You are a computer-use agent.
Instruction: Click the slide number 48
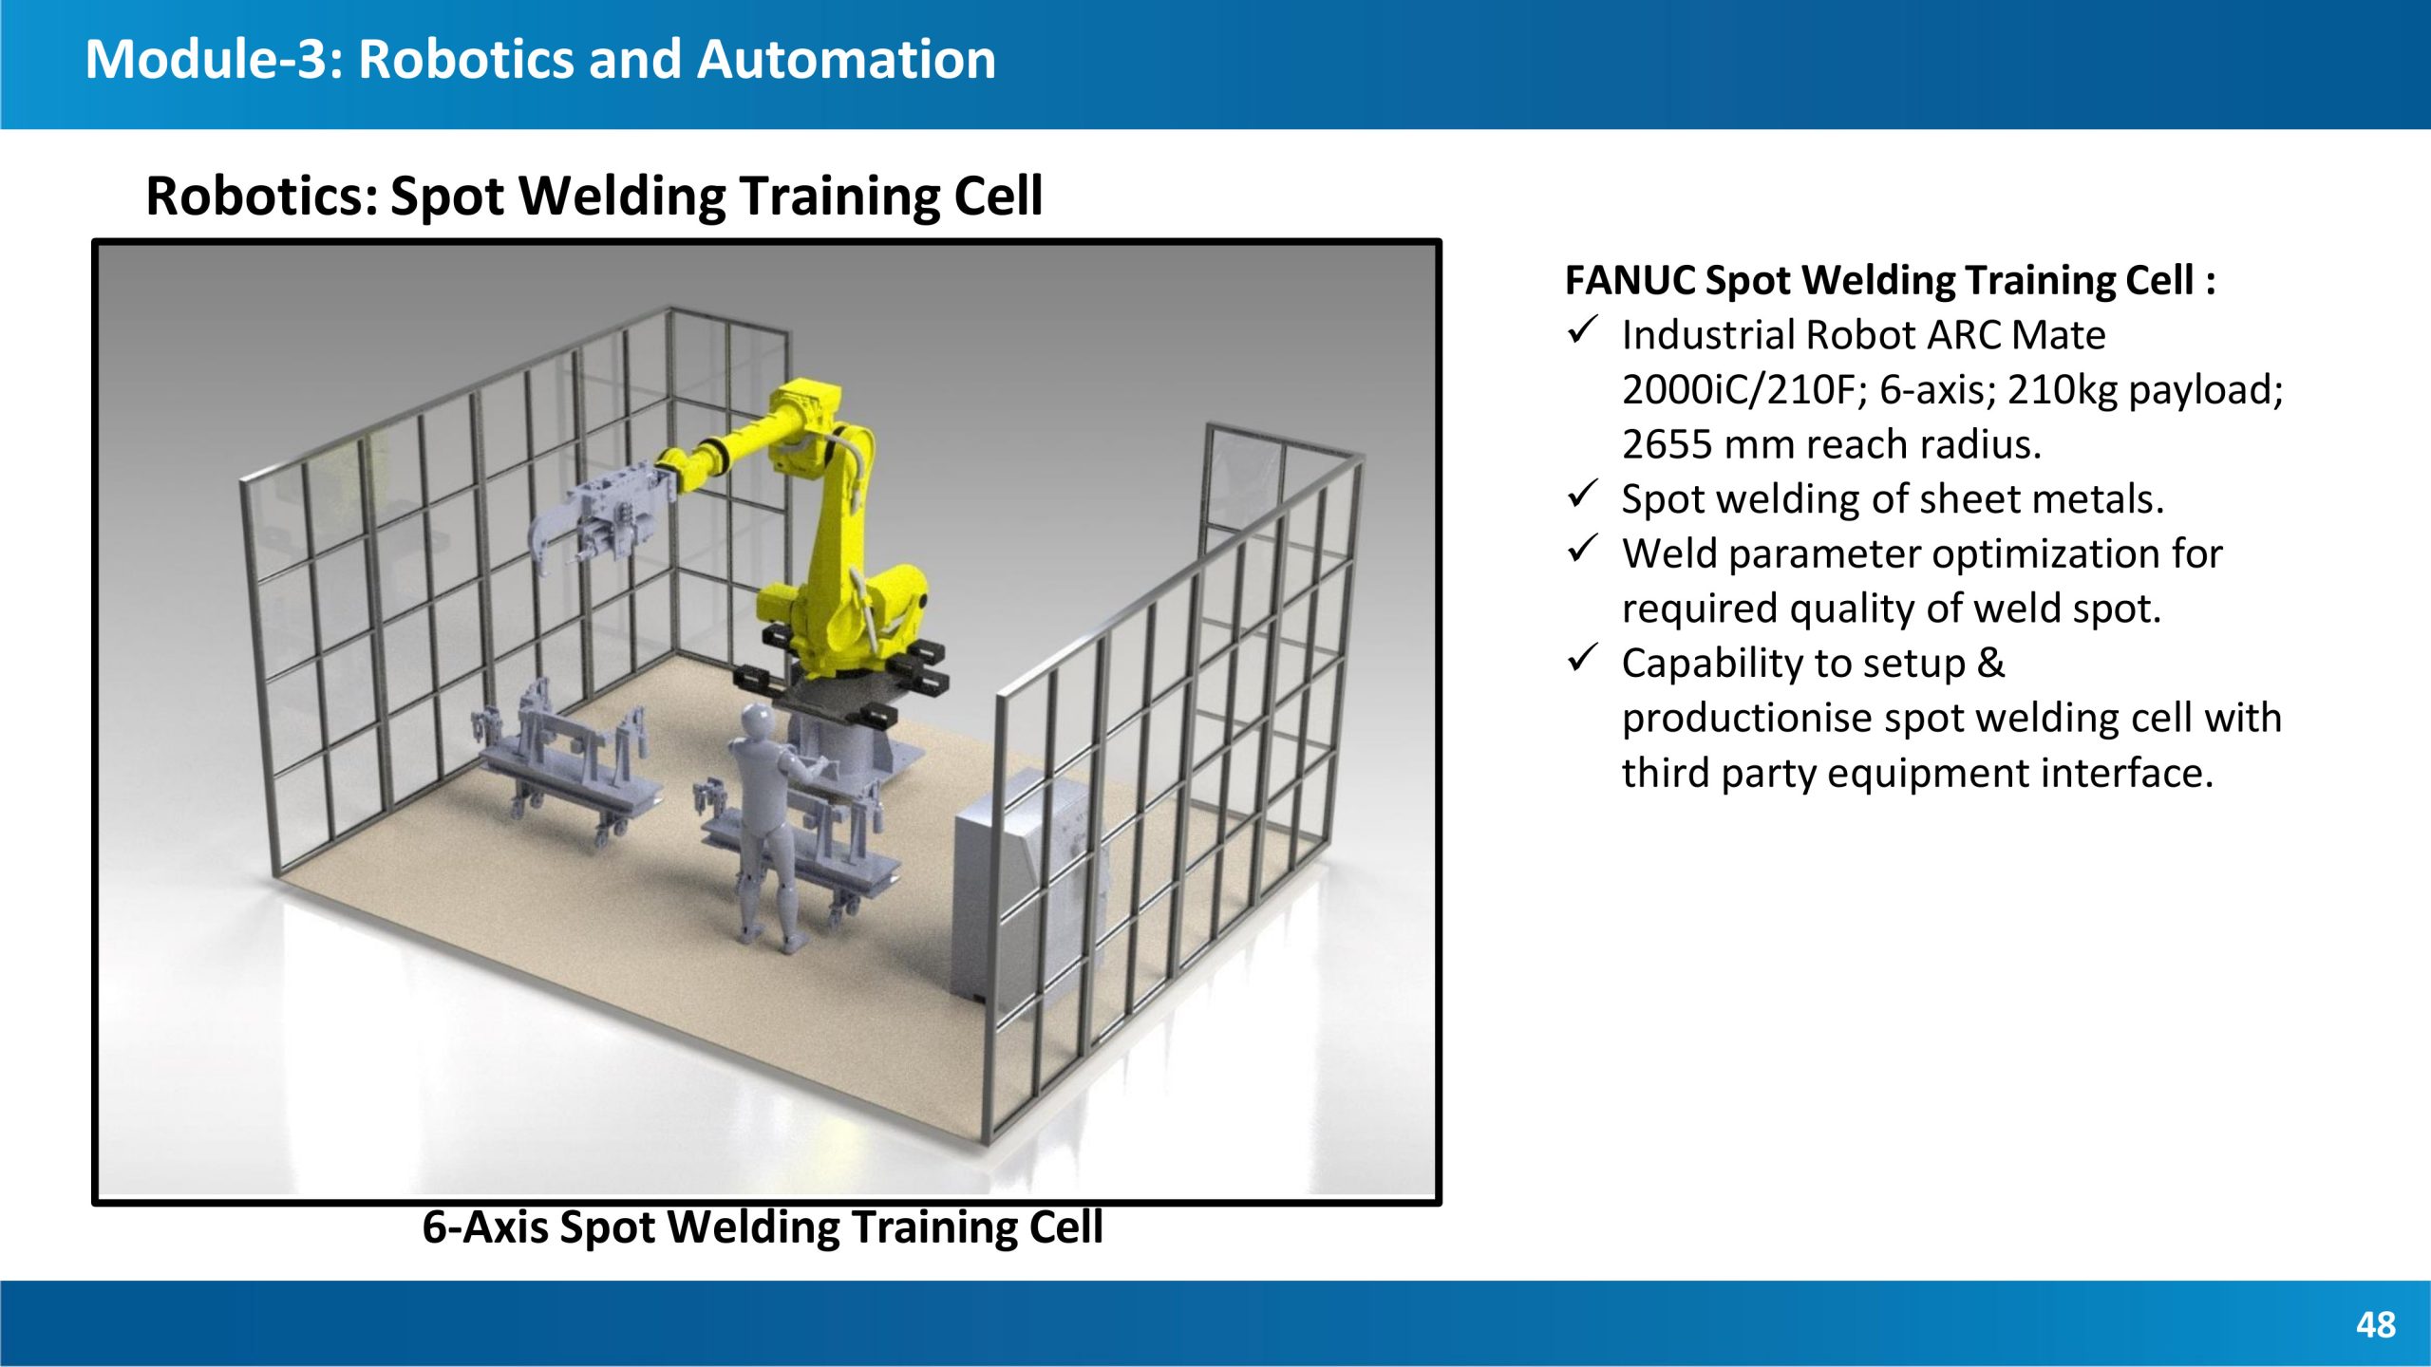coord(2376,1324)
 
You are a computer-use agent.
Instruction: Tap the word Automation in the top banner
coord(846,59)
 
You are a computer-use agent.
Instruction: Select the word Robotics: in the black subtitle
coord(262,196)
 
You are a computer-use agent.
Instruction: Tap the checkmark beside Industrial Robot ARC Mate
coord(1583,331)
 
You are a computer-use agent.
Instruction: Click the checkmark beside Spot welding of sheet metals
coord(1583,495)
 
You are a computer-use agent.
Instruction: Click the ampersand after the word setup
coord(1990,663)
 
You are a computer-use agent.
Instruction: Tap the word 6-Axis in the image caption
coord(485,1227)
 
